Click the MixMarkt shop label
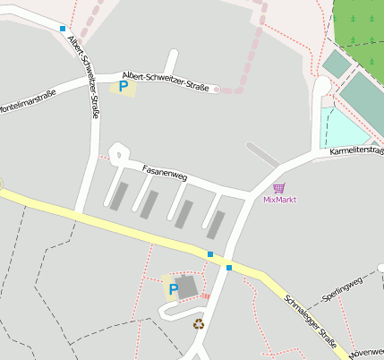[279, 200]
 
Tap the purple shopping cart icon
[279, 188]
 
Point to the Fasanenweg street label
[164, 173]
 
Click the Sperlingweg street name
[342, 288]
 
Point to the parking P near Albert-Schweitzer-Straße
[123, 87]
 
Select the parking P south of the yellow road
[173, 289]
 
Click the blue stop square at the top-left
[63, 29]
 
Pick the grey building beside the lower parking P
[188, 287]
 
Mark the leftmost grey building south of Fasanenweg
[118, 195]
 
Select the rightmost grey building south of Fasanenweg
[216, 224]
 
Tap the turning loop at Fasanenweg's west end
[115, 153]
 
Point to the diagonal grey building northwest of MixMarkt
[263, 153]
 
